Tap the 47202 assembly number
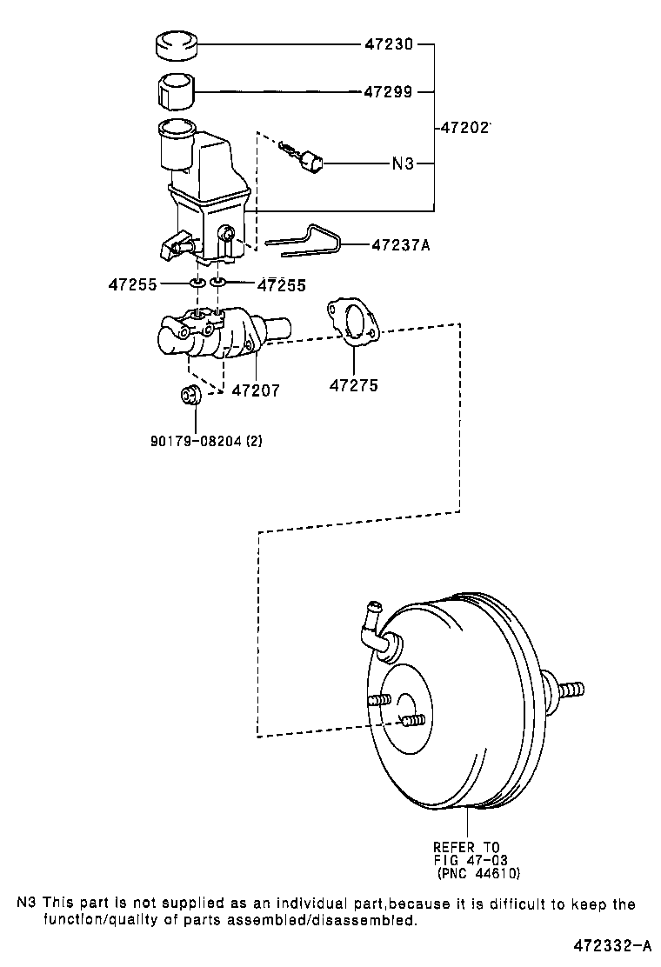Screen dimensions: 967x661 click(464, 127)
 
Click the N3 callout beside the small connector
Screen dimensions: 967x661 click(403, 163)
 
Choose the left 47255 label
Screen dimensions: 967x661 click(132, 283)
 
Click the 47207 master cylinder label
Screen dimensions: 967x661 click(256, 390)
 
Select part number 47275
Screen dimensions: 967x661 click(354, 385)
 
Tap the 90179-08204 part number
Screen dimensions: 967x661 click(206, 440)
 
